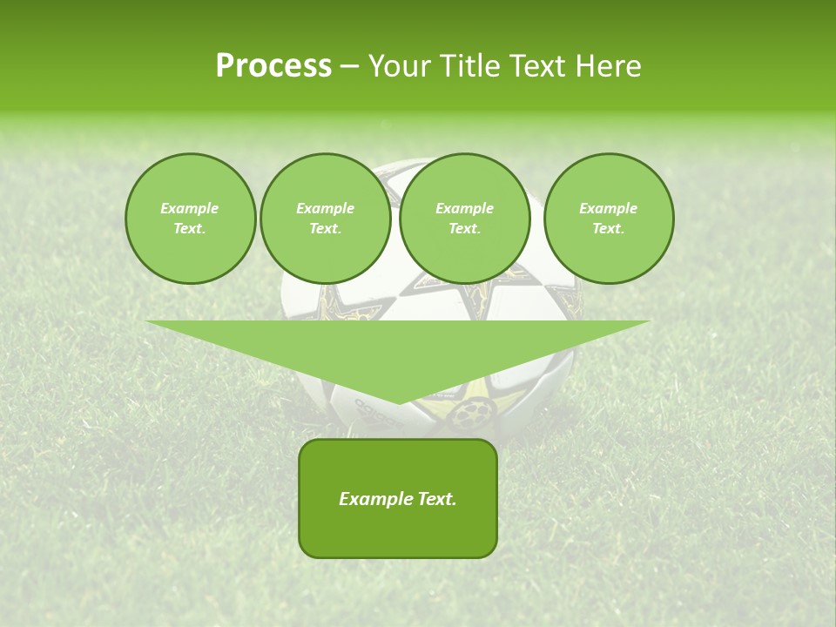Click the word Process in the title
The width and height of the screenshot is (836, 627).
273,66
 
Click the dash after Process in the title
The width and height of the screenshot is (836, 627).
349,67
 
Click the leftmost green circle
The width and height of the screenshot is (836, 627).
190,219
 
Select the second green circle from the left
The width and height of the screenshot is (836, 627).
326,219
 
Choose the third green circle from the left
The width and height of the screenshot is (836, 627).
465,219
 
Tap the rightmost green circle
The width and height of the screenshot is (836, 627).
609,219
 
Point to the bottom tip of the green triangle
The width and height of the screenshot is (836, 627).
398,402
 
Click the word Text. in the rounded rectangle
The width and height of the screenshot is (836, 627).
436,499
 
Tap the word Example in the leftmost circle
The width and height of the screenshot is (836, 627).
190,208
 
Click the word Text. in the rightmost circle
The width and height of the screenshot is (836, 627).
609,229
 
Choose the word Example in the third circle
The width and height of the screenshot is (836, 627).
465,208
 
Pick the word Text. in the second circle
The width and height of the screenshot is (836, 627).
326,229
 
